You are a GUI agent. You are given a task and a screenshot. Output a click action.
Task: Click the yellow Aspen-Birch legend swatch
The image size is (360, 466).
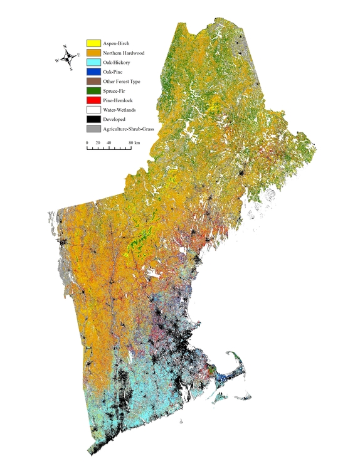point(93,43)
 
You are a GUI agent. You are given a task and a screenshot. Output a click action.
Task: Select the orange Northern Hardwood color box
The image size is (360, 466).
point(93,53)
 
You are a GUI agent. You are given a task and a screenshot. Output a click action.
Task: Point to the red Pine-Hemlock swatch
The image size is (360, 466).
point(93,100)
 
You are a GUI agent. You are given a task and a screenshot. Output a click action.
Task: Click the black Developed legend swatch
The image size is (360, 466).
point(93,119)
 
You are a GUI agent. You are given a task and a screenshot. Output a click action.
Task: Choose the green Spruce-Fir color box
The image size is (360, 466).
point(93,90)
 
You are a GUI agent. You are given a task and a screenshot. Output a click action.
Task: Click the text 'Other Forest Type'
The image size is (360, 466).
point(122,82)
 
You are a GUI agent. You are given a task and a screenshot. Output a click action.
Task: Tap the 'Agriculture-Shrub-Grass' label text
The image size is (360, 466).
point(129,129)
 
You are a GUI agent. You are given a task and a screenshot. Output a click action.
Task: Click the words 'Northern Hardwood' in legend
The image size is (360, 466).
point(124,53)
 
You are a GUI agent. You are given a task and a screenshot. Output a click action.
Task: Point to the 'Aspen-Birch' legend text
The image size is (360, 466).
point(116,44)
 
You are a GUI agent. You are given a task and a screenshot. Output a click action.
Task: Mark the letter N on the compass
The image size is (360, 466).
point(65,46)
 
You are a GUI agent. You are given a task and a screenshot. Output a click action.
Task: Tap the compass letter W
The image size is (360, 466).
point(56,61)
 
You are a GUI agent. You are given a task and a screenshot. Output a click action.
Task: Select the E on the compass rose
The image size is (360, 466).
point(78,55)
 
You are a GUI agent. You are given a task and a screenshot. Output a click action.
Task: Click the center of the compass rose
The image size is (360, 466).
point(68,58)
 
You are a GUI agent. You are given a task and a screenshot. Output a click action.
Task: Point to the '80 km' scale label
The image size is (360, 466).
point(133,143)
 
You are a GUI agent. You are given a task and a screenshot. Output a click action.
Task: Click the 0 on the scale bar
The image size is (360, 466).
point(87,143)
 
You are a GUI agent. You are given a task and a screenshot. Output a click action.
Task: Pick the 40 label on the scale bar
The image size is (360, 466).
point(109,143)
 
